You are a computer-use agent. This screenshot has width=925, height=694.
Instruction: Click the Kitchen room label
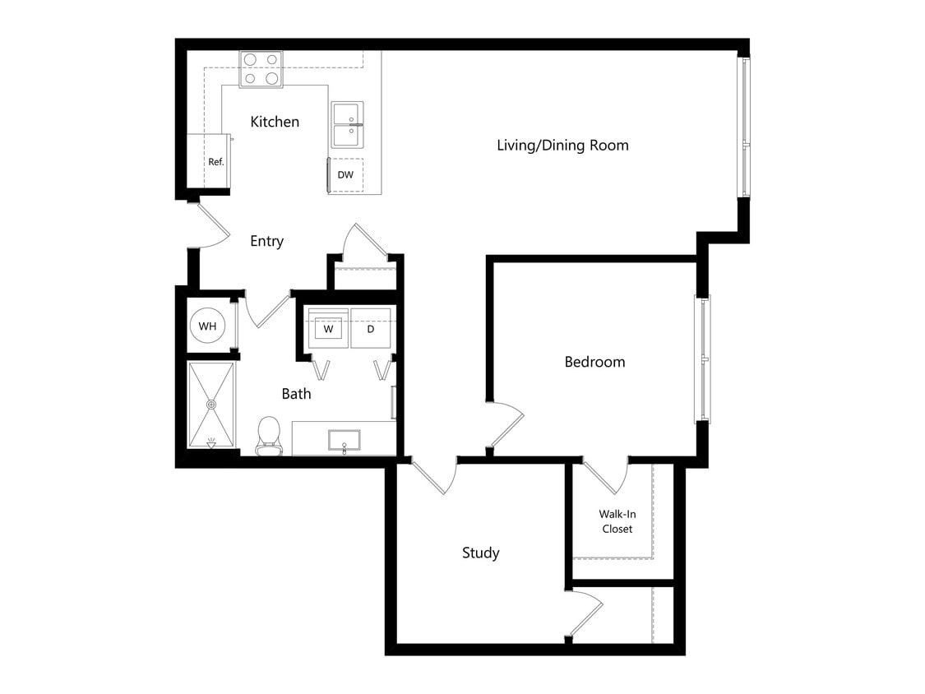pos(275,122)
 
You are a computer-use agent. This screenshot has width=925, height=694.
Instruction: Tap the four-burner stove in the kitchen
pos(261,69)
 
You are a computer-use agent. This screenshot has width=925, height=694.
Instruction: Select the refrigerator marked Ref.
pos(215,161)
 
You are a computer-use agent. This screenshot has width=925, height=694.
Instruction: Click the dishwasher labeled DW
pos(345,175)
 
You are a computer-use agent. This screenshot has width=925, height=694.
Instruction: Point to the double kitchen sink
pos(347,124)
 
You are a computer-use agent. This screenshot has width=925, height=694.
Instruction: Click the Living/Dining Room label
pos(562,146)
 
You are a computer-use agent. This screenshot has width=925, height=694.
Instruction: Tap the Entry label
pos(266,241)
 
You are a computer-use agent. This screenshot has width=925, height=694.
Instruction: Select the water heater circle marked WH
pos(207,326)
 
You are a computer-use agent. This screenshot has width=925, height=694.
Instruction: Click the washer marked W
pos(328,329)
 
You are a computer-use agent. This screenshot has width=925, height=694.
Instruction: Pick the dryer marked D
pos(371,329)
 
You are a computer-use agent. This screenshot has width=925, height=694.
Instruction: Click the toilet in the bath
pos(269,435)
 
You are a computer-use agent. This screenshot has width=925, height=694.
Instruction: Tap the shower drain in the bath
pos(211,405)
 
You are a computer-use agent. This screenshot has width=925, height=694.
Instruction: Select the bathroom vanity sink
pos(344,440)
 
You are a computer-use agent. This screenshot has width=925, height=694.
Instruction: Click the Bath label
pos(296,394)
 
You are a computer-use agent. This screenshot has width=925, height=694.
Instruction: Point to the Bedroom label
pos(594,362)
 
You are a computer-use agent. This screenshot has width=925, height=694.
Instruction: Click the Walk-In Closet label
pos(617,521)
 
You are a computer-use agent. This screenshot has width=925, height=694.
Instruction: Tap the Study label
pos(480,553)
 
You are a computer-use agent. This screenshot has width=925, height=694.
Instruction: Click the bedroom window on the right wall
pos(704,359)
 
